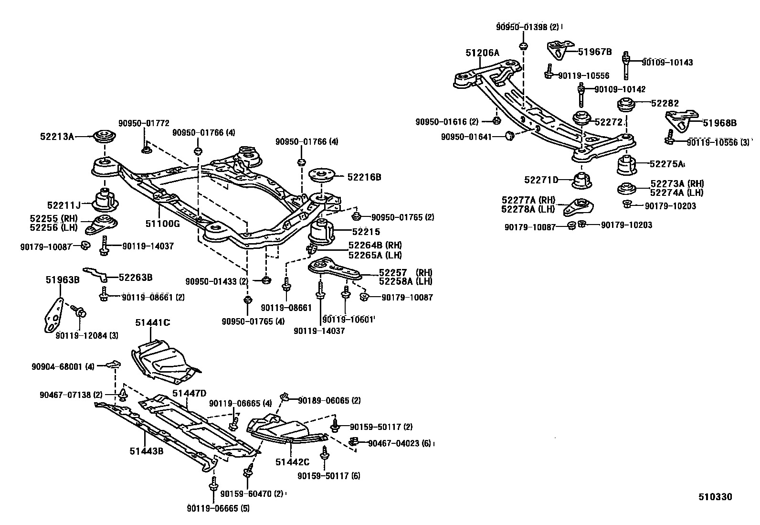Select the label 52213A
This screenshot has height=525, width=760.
click(x=57, y=137)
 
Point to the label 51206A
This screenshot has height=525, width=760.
click(x=482, y=53)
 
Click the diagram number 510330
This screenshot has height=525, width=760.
click(x=715, y=497)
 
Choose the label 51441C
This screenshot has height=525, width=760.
click(x=152, y=323)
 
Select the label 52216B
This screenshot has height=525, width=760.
click(x=364, y=177)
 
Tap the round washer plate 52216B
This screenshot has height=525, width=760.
click(x=324, y=175)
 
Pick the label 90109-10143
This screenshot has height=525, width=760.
click(x=667, y=63)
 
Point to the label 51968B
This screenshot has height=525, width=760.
click(x=719, y=123)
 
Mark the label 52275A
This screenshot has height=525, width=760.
click(x=665, y=164)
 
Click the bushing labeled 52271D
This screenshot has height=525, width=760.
click(x=582, y=181)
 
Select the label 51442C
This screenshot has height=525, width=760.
click(x=292, y=462)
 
